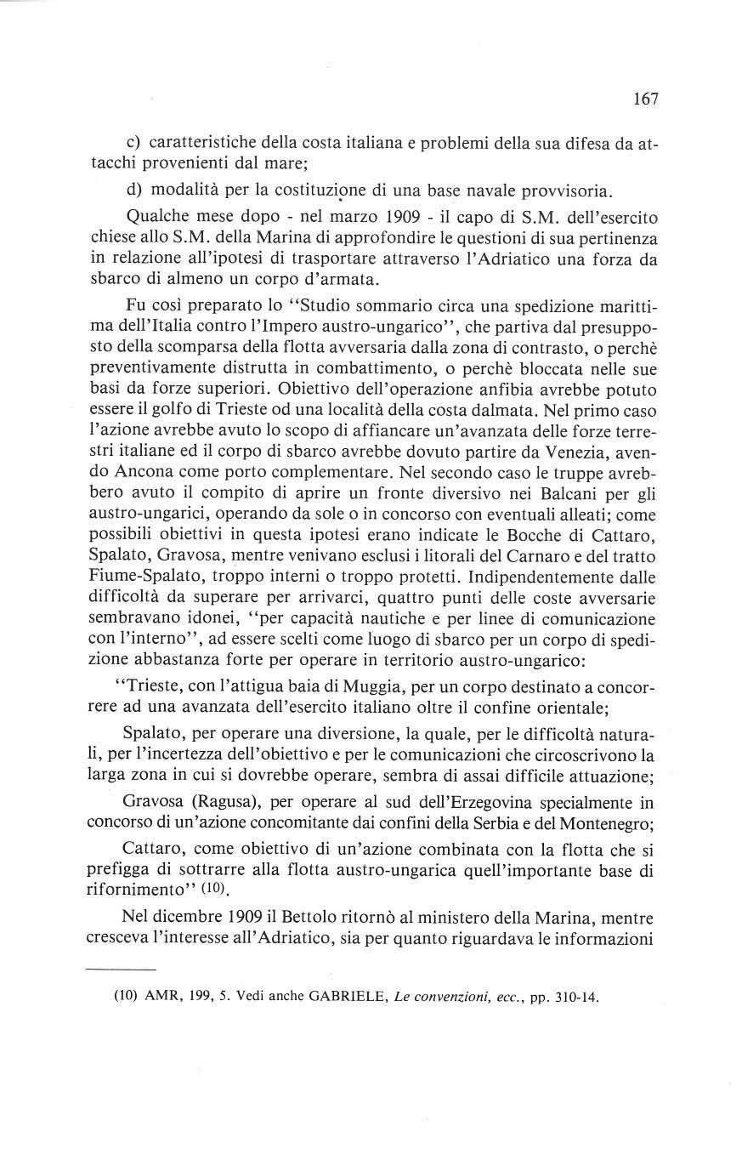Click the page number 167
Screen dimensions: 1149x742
pyautogui.click(x=646, y=100)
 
